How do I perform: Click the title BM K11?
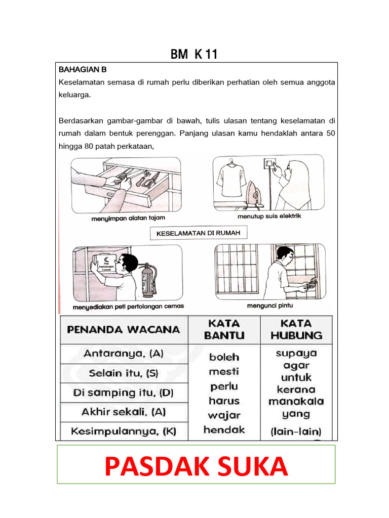(x=194, y=54)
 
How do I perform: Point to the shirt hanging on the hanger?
(x=231, y=180)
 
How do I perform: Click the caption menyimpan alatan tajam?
(x=128, y=218)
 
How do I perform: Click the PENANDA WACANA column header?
(x=124, y=329)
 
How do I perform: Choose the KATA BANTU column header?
(x=224, y=329)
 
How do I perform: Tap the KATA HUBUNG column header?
(x=296, y=329)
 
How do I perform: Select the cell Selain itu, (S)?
(x=124, y=373)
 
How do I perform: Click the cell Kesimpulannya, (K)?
(x=124, y=431)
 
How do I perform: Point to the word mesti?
(x=224, y=372)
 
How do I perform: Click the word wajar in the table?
(x=224, y=415)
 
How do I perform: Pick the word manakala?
(x=296, y=402)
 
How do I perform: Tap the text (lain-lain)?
(x=296, y=432)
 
